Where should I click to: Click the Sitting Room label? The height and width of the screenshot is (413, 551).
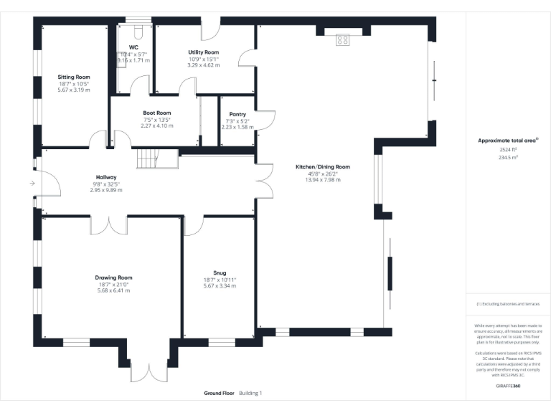tap(75, 76)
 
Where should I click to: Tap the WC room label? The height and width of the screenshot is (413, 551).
tap(133, 47)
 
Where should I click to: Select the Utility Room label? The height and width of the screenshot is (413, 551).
tap(204, 52)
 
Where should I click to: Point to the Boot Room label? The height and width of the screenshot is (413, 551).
tap(156, 113)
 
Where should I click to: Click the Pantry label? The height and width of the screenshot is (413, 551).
tap(237, 114)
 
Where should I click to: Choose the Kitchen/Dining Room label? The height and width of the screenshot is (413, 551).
tap(322, 166)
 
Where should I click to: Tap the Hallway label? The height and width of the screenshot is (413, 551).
tap(106, 177)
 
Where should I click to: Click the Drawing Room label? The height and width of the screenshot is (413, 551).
tap(114, 277)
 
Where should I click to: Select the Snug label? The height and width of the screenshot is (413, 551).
tap(220, 272)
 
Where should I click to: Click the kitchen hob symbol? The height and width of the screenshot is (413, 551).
tap(342, 39)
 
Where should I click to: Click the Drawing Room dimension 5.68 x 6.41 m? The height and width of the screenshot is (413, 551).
tap(114, 290)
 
